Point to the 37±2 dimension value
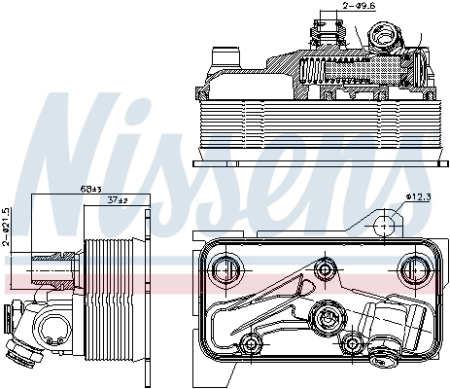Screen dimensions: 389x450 118,199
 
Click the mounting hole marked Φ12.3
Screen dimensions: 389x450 385,225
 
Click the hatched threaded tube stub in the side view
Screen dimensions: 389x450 52,265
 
